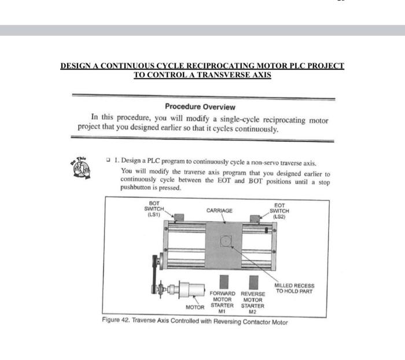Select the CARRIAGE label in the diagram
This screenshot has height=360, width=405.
pos(219,211)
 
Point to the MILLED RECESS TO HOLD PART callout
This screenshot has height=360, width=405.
pos(294,288)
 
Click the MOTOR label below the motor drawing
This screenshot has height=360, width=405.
pos(195,307)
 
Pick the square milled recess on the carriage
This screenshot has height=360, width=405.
pos(226,241)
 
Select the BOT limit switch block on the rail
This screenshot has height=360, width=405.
pos(179,218)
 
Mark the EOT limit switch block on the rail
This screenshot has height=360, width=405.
pos(254,218)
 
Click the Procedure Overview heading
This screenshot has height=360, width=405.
pos(200,106)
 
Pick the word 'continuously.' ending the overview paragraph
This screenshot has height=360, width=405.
pos(257,129)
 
